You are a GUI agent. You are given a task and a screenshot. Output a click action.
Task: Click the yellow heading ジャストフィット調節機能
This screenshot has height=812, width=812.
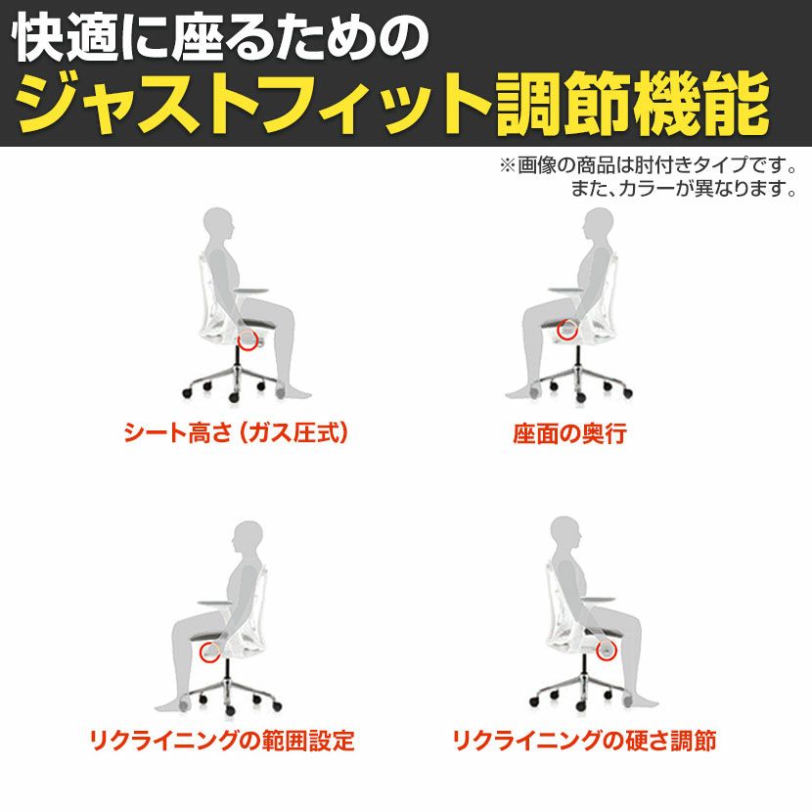393,104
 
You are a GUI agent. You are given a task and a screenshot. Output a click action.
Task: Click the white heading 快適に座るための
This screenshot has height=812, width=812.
222,39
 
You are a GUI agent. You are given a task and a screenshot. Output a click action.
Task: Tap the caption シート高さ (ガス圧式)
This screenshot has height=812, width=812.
236,433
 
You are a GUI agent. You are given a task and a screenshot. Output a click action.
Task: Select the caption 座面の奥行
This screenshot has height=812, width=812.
569,434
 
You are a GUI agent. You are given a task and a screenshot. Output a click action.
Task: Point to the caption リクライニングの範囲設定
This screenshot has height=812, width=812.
222,741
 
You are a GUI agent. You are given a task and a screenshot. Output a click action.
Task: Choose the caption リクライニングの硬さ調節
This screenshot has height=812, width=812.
585,741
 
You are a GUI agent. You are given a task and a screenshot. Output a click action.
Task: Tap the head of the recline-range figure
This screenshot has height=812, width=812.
248,540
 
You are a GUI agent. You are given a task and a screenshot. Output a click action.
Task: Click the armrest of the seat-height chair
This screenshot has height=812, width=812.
250,292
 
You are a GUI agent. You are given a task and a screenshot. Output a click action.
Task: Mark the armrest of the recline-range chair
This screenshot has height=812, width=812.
216,603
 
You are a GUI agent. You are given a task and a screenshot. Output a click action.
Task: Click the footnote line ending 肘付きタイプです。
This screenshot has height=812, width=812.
648,165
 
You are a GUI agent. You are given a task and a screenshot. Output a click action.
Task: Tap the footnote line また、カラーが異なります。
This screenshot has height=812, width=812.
684,189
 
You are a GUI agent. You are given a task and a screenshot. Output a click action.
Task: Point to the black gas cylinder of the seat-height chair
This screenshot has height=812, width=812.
238,358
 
